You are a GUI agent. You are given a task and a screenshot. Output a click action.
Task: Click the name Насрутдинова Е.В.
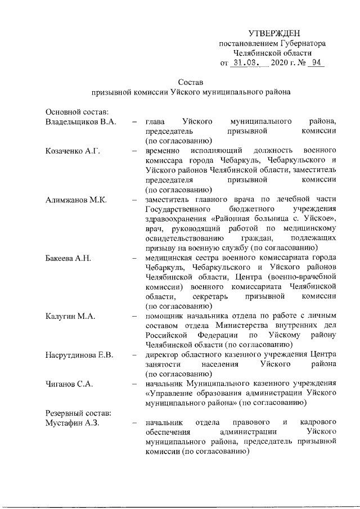(79, 355)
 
